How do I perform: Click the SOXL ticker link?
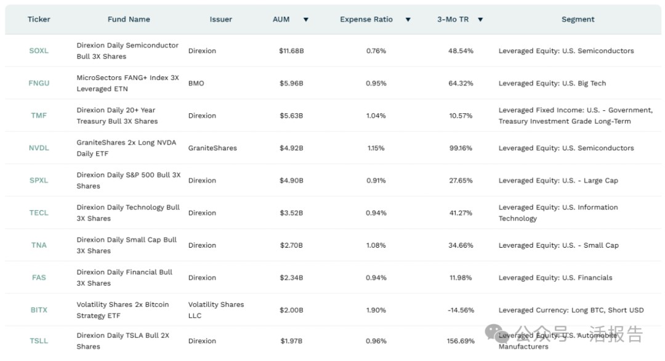[x=38, y=51]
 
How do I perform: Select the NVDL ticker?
[x=38, y=148]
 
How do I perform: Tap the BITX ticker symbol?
[x=38, y=310]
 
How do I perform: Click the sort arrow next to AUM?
[x=305, y=20]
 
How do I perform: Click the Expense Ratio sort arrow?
[x=408, y=20]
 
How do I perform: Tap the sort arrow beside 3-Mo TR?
[x=480, y=20]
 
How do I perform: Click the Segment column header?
[x=578, y=19]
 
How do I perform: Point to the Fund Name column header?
[x=129, y=19]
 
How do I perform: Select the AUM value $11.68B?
[x=291, y=51]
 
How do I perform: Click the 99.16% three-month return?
[x=461, y=148]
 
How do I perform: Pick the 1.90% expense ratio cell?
[x=376, y=310]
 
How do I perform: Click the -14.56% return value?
[x=461, y=310]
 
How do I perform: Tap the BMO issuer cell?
[x=196, y=83]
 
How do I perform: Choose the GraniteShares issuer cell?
[x=212, y=148]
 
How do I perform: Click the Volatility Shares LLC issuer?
[x=216, y=310]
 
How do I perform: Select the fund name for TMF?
[x=117, y=116]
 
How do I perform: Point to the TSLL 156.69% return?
[x=461, y=341]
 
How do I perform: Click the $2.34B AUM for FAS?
[x=291, y=278]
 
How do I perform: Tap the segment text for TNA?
[x=558, y=245]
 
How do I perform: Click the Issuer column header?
[x=220, y=19]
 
